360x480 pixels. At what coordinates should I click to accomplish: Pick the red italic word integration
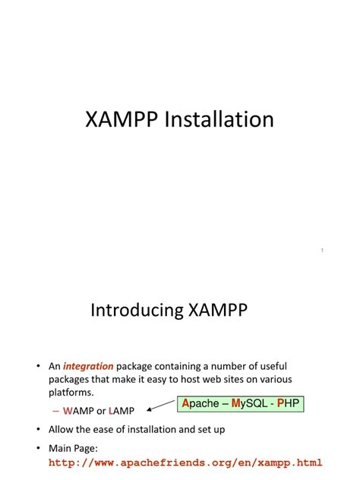point(88,367)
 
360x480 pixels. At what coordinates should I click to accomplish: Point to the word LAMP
point(122,411)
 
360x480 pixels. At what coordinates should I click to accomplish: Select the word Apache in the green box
point(201,404)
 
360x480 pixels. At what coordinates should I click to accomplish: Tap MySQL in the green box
point(251,404)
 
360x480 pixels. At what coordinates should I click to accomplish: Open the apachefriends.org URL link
point(186,462)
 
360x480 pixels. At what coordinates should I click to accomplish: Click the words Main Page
point(75,447)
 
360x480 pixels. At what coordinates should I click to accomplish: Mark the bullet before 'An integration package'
point(38,367)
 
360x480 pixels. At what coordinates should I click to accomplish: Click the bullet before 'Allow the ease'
point(38,429)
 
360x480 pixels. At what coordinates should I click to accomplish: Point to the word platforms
point(71,393)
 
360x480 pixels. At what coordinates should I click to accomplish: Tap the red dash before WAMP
point(55,411)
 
